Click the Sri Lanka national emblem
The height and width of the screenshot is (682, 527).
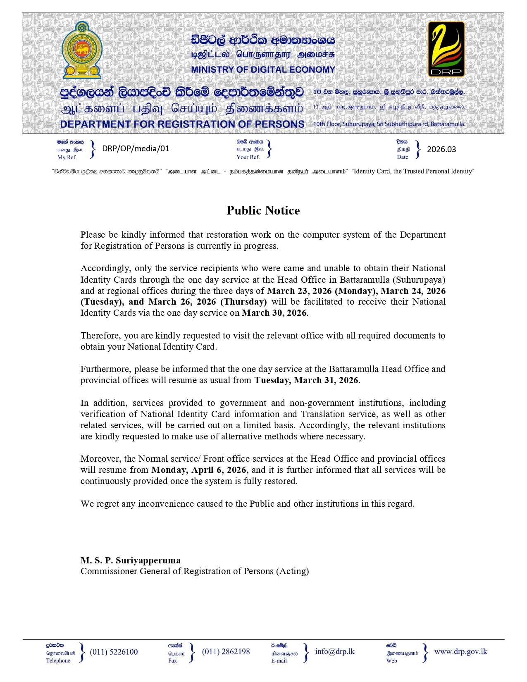point(81,50)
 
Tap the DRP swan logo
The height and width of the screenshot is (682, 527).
point(446,49)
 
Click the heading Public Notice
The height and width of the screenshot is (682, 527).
point(263,210)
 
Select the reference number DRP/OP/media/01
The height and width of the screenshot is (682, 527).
point(136,149)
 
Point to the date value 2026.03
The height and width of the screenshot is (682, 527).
point(441,149)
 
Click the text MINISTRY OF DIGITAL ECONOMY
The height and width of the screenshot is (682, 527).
point(263,69)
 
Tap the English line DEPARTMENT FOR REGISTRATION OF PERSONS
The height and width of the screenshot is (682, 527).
point(182,124)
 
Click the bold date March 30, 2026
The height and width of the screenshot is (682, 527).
point(274,313)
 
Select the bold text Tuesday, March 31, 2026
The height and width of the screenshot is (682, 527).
point(306,380)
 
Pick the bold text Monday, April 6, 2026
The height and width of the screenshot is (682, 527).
point(199,470)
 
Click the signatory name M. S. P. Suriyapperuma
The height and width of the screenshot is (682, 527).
point(130,560)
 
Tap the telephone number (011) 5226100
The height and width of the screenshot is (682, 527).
point(114,652)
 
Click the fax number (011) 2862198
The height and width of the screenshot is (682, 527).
point(226,652)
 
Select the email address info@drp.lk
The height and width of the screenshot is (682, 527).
point(334,651)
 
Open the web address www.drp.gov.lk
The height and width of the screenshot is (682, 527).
point(460,651)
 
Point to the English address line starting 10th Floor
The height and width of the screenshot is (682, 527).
point(389,124)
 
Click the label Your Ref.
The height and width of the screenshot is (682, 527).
point(248,157)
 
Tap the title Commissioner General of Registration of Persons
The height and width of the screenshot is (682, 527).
point(194,571)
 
